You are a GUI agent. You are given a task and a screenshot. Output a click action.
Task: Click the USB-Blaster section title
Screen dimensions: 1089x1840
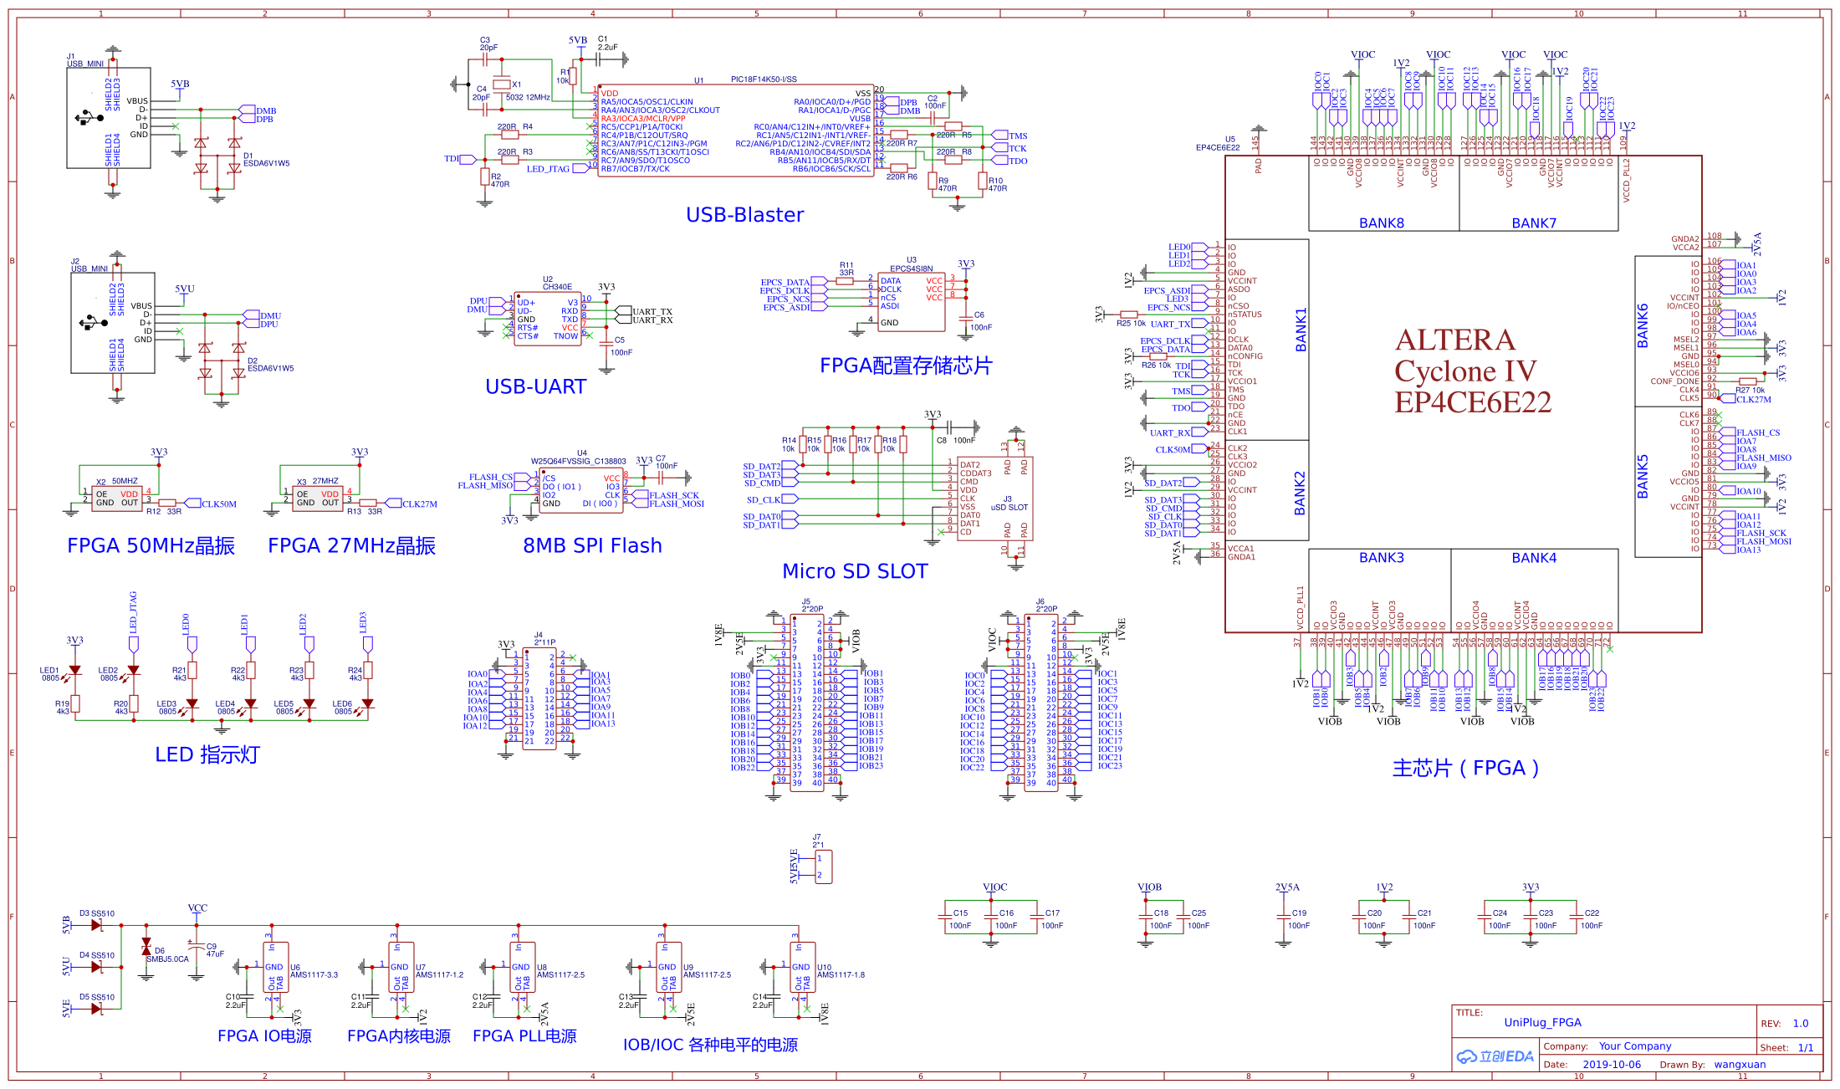[x=744, y=215]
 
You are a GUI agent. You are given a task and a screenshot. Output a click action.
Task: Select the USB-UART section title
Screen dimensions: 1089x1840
[x=535, y=386]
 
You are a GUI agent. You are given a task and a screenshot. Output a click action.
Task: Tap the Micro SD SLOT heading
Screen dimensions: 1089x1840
[x=855, y=571]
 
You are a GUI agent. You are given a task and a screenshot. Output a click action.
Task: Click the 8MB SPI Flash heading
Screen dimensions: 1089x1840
[x=592, y=545]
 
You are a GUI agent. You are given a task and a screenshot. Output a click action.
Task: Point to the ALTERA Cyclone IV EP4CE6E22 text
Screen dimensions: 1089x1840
[x=1472, y=371]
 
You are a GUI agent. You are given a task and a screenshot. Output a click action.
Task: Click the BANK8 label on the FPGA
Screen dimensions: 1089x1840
[x=1381, y=223]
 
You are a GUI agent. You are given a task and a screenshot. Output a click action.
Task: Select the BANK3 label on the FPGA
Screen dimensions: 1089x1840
[x=1381, y=558]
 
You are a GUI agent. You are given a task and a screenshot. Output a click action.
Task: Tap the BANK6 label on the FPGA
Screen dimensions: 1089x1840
[x=1643, y=325]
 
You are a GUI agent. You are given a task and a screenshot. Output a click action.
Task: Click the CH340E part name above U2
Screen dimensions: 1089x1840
[x=557, y=287]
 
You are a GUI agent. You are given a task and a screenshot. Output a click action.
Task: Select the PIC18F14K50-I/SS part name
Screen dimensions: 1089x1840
[x=764, y=79]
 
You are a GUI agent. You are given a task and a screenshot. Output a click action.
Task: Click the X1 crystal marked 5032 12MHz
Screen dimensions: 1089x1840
[x=501, y=84]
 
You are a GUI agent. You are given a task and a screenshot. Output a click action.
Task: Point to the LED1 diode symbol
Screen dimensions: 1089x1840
[x=75, y=670]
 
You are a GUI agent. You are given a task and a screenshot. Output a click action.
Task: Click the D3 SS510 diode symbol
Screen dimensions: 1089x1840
[x=96, y=925]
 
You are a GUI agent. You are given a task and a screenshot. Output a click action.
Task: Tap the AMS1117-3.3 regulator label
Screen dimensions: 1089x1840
[x=314, y=975]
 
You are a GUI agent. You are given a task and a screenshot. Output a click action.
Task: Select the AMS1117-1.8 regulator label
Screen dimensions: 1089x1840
[x=841, y=975]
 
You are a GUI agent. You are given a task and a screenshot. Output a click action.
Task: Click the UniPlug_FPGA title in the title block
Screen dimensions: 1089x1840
[x=1542, y=1022]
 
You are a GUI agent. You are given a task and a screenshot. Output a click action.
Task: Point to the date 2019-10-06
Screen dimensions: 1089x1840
[x=1612, y=1065]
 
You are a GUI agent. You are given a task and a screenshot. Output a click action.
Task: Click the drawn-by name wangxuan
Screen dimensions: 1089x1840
[x=1740, y=1065]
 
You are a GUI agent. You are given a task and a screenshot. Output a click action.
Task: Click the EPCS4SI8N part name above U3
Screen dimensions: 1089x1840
[x=911, y=268]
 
